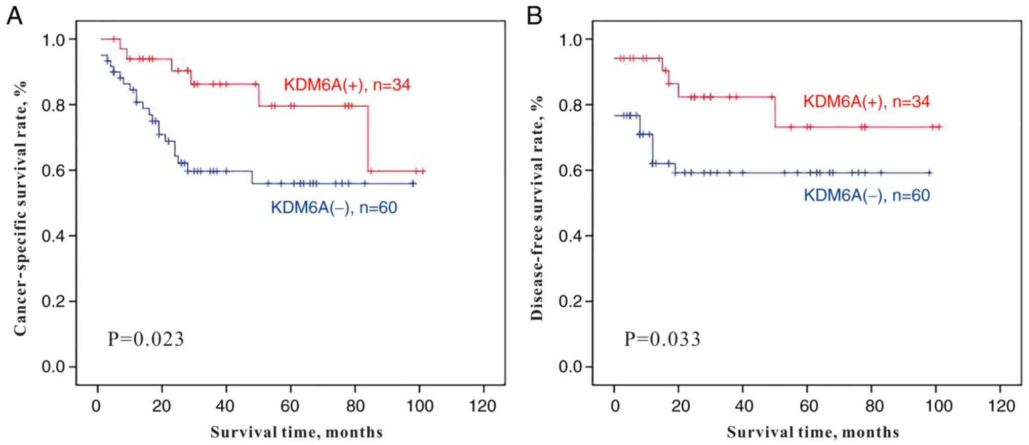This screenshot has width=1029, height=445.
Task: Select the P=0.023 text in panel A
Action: (146, 339)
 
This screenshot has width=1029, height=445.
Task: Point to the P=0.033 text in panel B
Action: (662, 339)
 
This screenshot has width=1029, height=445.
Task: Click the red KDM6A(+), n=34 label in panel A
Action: (347, 85)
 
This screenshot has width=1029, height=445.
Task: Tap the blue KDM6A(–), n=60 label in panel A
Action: (334, 208)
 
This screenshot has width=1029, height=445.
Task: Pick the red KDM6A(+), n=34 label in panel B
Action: (866, 102)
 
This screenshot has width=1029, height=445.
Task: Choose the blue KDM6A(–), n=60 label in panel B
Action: (866, 195)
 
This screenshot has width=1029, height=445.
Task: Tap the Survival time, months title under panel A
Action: (296, 432)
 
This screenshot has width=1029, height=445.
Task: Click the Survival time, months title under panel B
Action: (813, 432)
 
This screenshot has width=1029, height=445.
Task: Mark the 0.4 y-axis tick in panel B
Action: (571, 236)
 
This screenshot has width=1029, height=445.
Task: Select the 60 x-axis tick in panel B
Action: (808, 406)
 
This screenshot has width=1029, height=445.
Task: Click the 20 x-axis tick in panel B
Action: (679, 406)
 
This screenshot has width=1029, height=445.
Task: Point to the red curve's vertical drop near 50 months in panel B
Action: (775, 111)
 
